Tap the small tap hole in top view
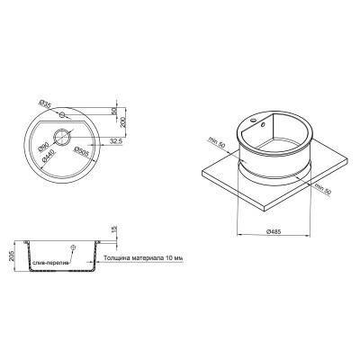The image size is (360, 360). click(x=60, y=115)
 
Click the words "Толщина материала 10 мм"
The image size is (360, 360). click(x=144, y=258)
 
